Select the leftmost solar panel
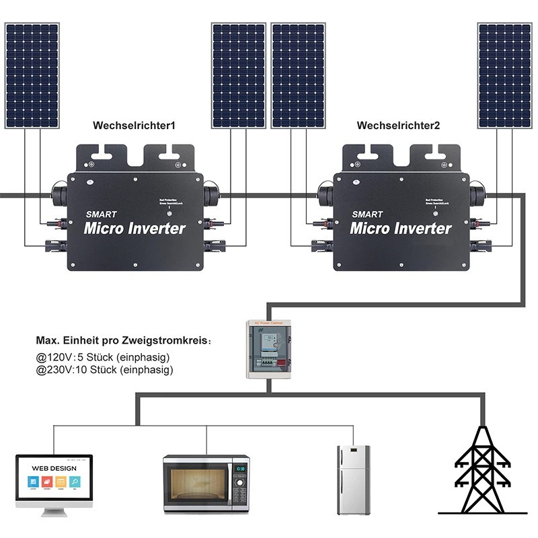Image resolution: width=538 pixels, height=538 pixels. click(x=32, y=75)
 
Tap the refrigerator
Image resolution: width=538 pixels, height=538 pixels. click(x=353, y=479)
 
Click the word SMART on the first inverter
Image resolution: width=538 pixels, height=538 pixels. click(x=102, y=215)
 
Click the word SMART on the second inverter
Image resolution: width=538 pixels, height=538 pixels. click(x=367, y=215)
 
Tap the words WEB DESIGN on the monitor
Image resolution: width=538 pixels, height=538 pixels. click(x=54, y=468)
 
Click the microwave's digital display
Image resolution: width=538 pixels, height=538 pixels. click(x=240, y=466)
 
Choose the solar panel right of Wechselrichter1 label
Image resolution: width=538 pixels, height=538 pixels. click(x=238, y=75)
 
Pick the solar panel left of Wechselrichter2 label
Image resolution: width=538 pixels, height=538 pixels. click(x=298, y=75)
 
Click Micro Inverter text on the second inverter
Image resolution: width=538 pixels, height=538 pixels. click(x=401, y=229)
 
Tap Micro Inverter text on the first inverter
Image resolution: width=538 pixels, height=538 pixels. click(x=134, y=229)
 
